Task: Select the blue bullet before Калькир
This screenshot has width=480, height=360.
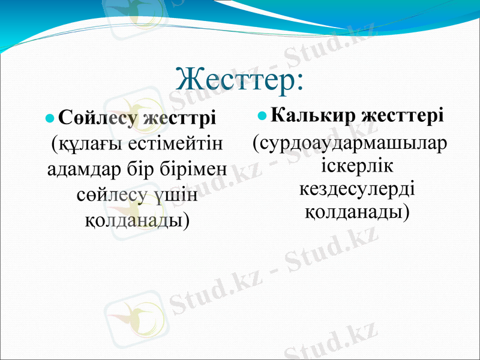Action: pyautogui.click(x=263, y=114)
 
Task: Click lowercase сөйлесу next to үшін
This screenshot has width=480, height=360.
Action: pyautogui.click(x=113, y=195)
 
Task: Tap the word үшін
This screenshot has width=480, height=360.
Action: pyautogui.click(x=176, y=195)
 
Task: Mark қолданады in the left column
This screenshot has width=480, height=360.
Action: pyautogui.click(x=136, y=220)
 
